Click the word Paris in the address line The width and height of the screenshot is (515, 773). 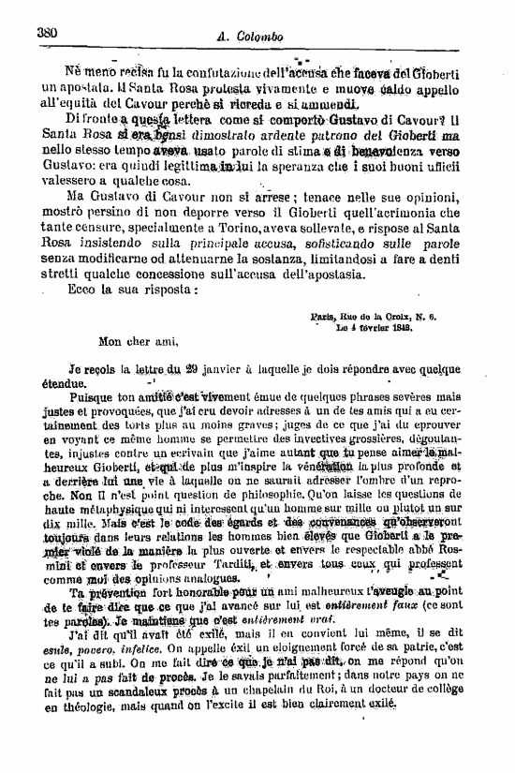pos(324,318)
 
